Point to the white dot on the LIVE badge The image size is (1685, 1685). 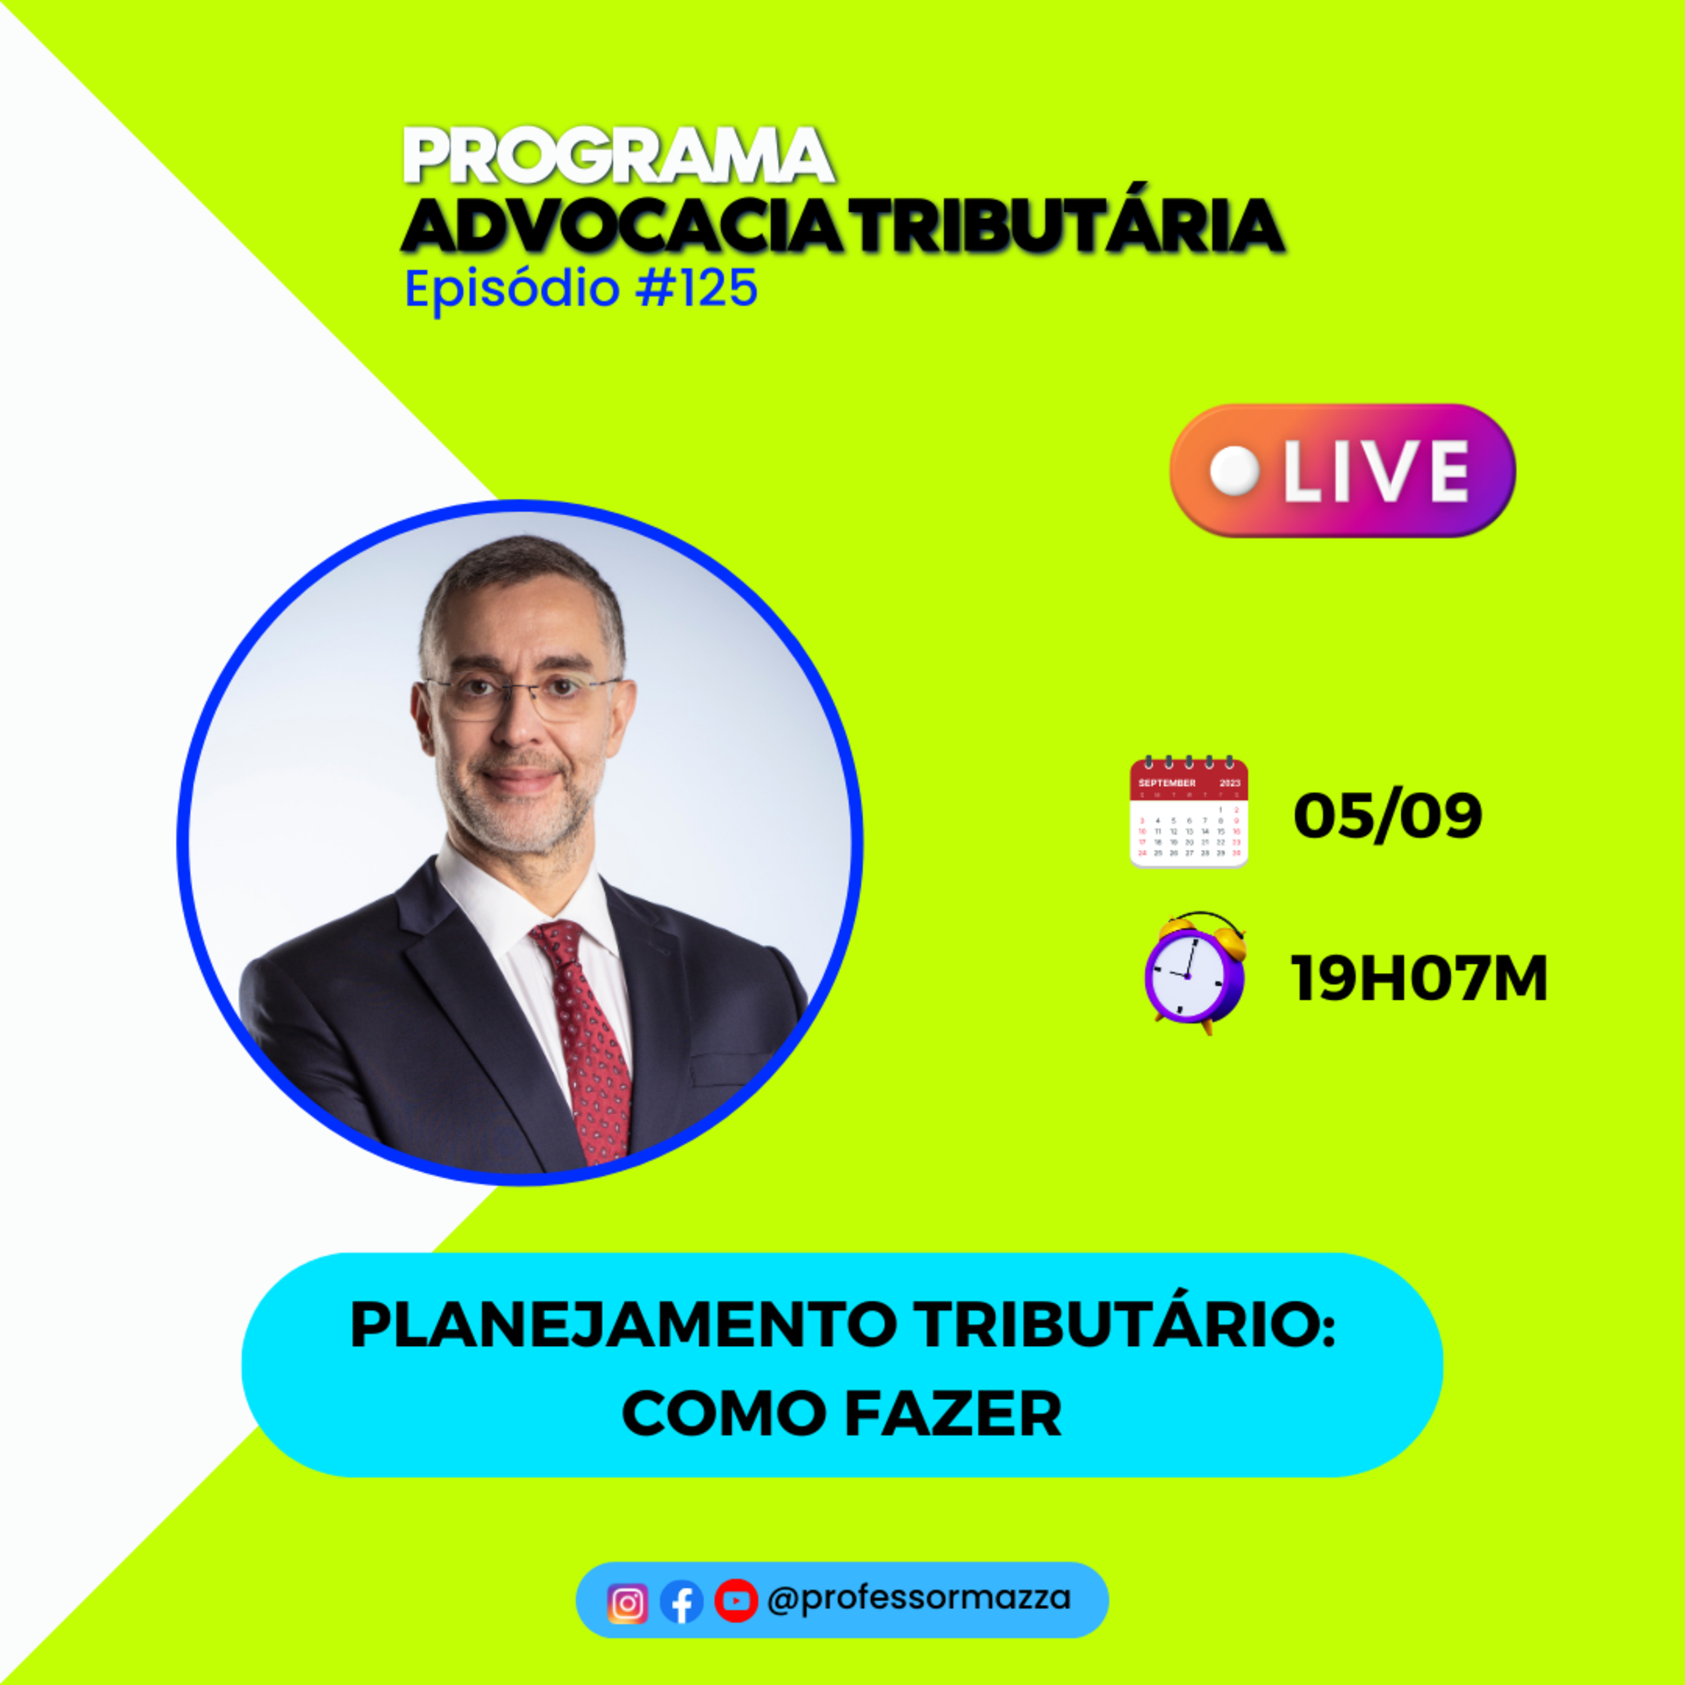(x=1235, y=471)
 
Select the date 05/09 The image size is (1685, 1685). (x=1387, y=816)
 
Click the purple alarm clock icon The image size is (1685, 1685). (x=1194, y=973)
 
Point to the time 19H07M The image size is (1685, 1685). (x=1419, y=978)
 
